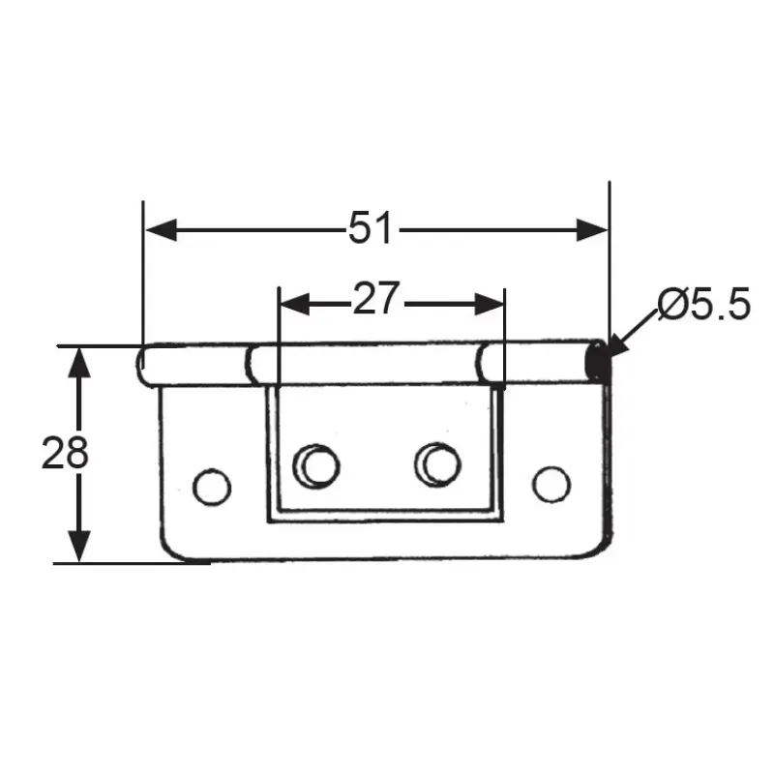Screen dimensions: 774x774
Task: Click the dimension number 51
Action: point(371,227)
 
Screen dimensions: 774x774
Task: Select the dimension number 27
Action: point(375,299)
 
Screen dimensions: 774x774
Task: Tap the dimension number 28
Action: point(65,453)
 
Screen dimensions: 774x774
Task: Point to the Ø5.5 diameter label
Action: point(704,304)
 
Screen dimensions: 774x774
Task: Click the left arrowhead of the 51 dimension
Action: point(161,230)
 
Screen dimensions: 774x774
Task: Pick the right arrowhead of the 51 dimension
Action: point(592,230)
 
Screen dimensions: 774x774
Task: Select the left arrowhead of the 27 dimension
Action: point(295,304)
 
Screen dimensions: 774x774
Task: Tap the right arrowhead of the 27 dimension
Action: point(489,304)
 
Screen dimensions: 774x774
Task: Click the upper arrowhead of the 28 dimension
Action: point(79,363)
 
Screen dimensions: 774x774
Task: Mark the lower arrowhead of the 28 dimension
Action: point(79,546)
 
